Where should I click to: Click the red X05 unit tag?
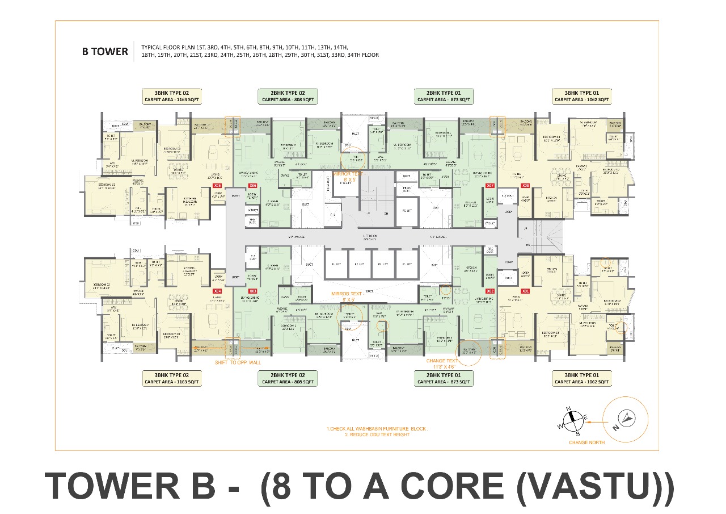[217, 186]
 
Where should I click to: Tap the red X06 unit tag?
[253, 186]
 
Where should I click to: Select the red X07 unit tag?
[491, 186]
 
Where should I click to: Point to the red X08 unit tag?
[525, 186]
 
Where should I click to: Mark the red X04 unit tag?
[217, 291]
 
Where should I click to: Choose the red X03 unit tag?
[253, 291]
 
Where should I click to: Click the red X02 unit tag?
[491, 291]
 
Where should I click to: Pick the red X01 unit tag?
[525, 291]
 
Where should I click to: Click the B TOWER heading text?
[105, 52]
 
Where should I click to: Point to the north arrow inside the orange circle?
[626, 419]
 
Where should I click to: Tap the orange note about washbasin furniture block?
[377, 428]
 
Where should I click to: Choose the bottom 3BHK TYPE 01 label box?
[582, 378]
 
